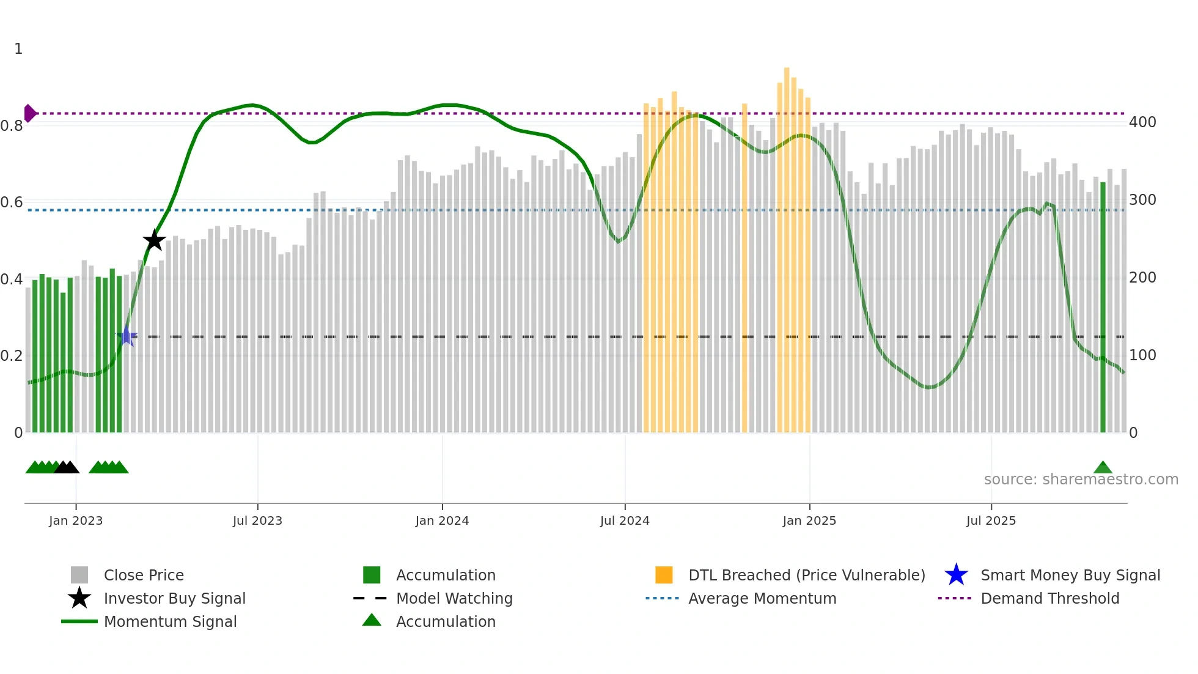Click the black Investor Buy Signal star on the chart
(154, 240)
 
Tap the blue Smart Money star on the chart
(127, 336)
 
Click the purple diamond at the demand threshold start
(29, 113)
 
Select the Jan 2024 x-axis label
(442, 520)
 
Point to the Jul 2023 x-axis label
(257, 520)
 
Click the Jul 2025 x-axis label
(991, 520)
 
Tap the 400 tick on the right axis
(1142, 122)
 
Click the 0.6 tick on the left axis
(12, 202)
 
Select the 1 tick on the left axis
(18, 49)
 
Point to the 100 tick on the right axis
(1142, 355)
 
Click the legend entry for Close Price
(144, 575)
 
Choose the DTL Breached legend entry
(806, 575)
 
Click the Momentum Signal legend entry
(170, 621)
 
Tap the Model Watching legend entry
(454, 598)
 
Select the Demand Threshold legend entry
(1049, 598)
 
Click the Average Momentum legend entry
(762, 598)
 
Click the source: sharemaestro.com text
(1081, 480)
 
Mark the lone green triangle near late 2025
(1103, 468)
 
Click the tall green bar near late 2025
(1103, 306)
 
